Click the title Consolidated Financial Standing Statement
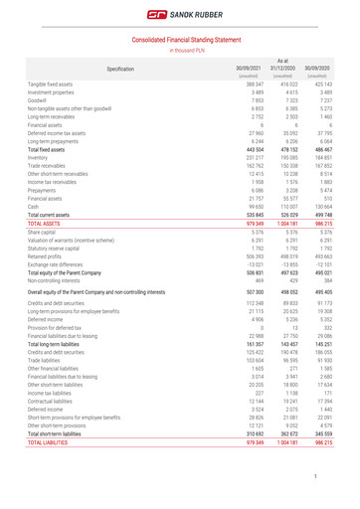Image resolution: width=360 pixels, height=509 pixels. tap(180, 38)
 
